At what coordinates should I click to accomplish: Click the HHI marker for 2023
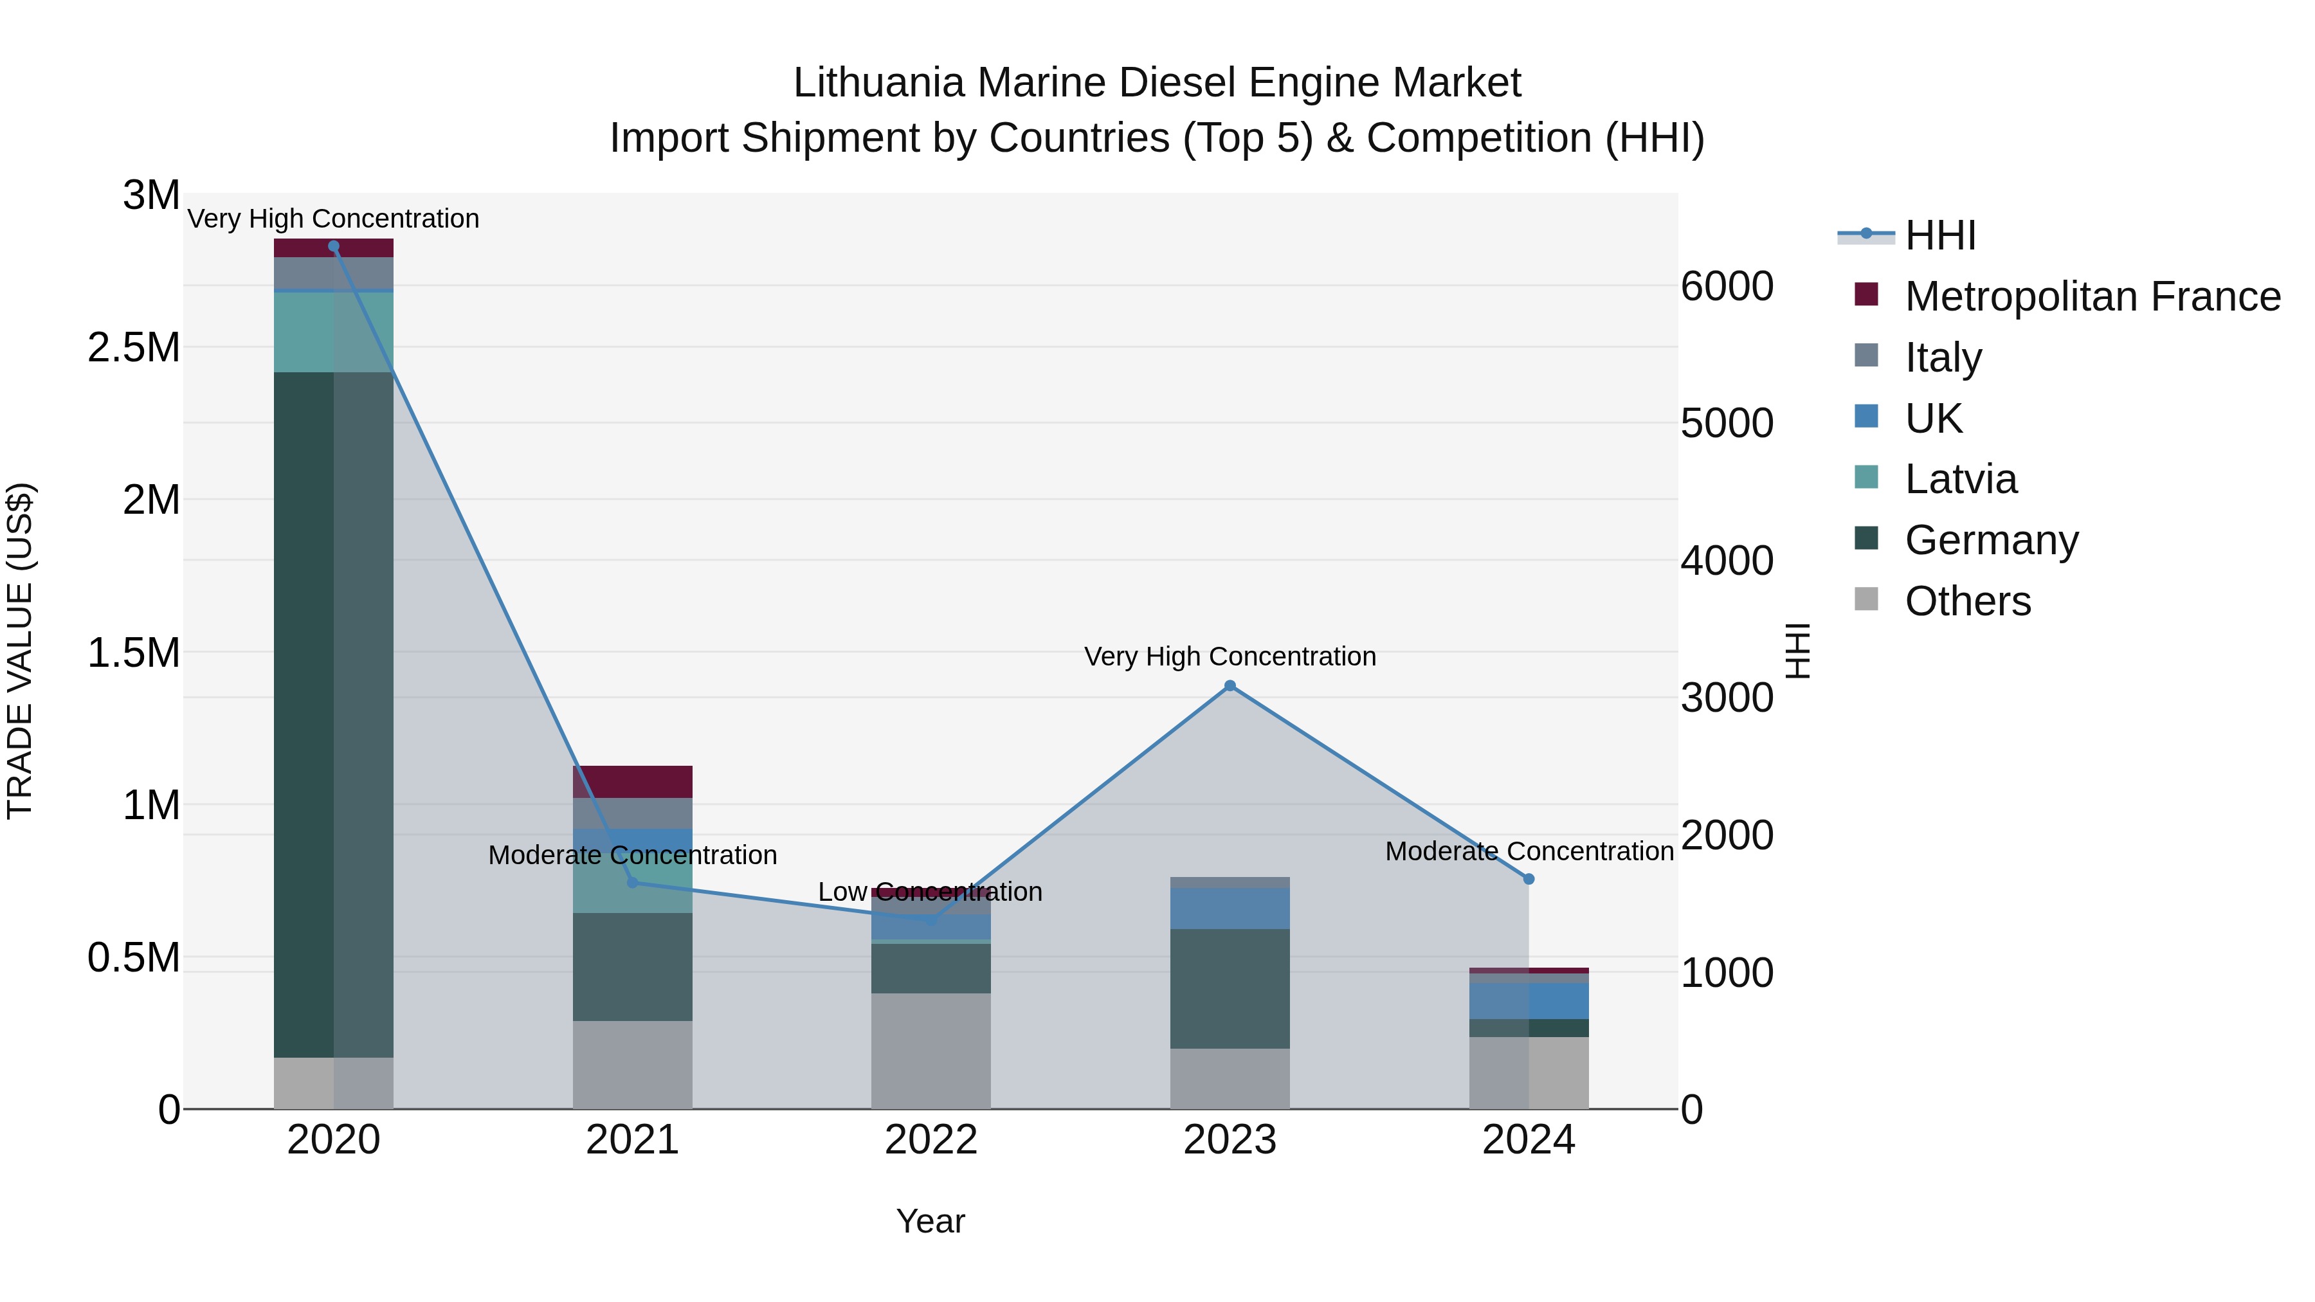(1230, 685)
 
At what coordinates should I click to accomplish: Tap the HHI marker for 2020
(333, 246)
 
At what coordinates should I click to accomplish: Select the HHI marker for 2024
(1528, 879)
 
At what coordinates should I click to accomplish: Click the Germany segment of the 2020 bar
(333, 714)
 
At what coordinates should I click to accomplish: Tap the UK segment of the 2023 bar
(1230, 907)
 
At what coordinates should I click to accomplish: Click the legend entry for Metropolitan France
(2091, 296)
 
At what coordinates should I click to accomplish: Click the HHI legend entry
(1939, 235)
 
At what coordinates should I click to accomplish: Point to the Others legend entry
(1966, 601)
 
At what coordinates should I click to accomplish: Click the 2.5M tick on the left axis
(134, 348)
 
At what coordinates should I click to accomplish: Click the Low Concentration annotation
(930, 892)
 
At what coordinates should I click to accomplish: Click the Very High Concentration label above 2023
(1230, 657)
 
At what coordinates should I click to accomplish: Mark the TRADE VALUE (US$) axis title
(20, 651)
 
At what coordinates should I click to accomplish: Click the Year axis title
(930, 1221)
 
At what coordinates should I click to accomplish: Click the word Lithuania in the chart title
(878, 83)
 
